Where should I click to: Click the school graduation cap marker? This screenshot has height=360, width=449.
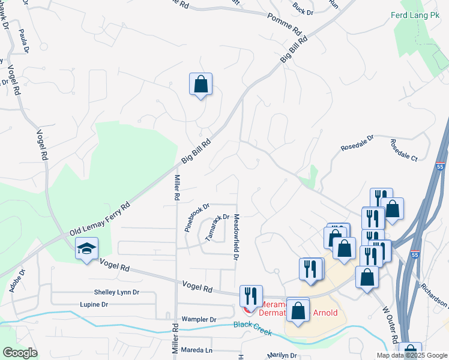click(86, 249)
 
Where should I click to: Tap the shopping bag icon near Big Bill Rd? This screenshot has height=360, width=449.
click(200, 84)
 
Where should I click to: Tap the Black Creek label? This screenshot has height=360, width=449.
click(252, 328)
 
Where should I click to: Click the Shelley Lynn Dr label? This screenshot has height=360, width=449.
click(116, 292)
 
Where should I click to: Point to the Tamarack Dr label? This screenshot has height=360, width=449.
click(217, 227)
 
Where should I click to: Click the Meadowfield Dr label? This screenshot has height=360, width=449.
click(237, 237)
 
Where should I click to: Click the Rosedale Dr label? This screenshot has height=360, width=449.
click(357, 142)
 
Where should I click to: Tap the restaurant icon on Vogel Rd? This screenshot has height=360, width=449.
click(250, 296)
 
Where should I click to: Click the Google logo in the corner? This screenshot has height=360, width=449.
click(20, 353)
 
